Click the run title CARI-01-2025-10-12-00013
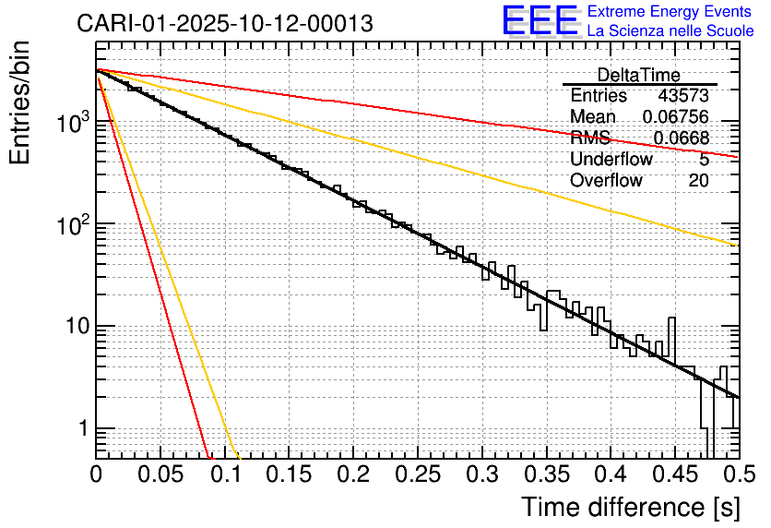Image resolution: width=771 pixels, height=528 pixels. pos(226,23)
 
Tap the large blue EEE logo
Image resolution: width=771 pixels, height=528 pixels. pos(540,21)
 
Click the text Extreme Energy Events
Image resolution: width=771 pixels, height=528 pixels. pos(670,12)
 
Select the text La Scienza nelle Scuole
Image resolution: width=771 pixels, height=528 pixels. pos(670,31)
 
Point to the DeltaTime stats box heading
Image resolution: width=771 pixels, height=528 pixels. pos(638,75)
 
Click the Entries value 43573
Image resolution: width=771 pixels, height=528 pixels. pos(682,96)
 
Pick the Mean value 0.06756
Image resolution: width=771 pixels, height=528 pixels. pos(675,117)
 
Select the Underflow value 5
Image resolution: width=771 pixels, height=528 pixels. pos(704,160)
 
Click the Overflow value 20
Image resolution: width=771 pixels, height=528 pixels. pos(698,181)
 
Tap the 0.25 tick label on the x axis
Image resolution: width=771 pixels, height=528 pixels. pos(417,476)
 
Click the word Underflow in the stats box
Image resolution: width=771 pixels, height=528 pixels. pos(611,160)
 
